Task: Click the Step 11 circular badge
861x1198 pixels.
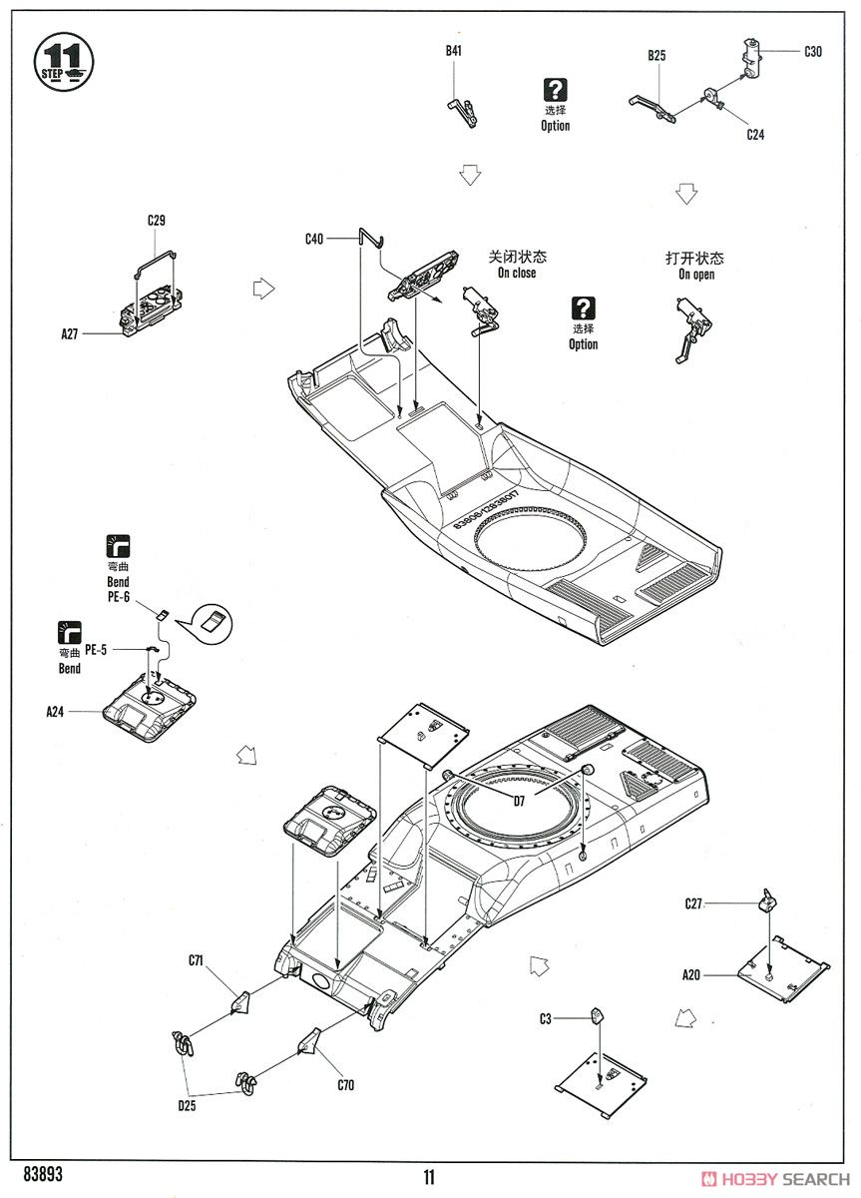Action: (x=64, y=62)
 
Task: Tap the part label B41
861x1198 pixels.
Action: (x=453, y=51)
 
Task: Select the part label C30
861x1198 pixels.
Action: (x=812, y=52)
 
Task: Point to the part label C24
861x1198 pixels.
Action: (x=755, y=135)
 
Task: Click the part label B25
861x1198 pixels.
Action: (x=656, y=56)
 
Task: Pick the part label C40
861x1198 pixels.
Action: (x=314, y=239)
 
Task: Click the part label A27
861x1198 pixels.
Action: (x=70, y=334)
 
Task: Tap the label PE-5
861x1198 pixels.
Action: (x=96, y=650)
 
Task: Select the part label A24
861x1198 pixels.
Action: (x=55, y=712)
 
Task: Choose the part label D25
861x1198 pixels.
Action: (x=187, y=1106)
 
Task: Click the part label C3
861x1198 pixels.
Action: (x=545, y=1019)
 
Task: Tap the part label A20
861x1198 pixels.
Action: (x=691, y=975)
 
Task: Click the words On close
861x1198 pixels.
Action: (x=517, y=273)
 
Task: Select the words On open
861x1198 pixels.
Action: (x=696, y=275)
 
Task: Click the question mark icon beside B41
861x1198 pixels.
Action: (x=556, y=90)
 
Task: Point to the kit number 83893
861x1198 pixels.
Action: (x=43, y=1174)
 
